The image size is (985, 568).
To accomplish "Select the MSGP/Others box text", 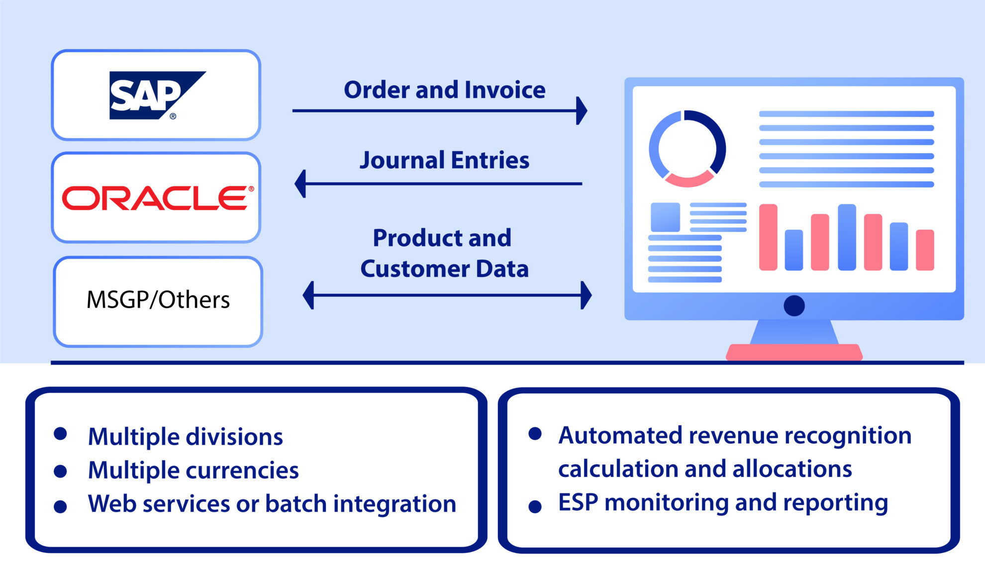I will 158,300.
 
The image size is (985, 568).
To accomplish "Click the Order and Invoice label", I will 444,90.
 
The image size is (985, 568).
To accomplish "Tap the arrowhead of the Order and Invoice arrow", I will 581,110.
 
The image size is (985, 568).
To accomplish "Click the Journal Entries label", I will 444,160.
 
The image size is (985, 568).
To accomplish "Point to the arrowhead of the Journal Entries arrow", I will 300,184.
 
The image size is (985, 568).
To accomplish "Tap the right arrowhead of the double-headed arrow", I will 586,295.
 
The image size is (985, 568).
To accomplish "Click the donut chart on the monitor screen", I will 687,149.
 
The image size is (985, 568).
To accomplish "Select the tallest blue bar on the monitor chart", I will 847,237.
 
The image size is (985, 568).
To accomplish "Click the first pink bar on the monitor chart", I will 768,237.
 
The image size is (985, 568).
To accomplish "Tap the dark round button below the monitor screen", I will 794,305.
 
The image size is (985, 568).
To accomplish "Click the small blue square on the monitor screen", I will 665,217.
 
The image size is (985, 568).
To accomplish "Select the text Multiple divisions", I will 185,437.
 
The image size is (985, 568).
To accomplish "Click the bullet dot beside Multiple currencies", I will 60,471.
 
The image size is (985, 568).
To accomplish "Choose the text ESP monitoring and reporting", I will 723,502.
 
